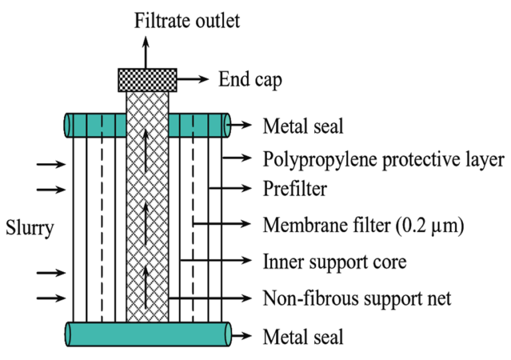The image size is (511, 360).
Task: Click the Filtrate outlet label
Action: [x=187, y=20]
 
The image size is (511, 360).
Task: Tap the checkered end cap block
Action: [x=147, y=80]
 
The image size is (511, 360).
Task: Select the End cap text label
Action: [x=250, y=81]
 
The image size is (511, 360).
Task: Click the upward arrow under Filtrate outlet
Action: [x=147, y=50]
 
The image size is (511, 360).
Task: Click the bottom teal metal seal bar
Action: [x=147, y=333]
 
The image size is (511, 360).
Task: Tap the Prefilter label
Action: [x=295, y=190]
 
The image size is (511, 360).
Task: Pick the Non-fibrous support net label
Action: [x=357, y=297]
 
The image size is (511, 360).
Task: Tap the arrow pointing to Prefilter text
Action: [x=233, y=190]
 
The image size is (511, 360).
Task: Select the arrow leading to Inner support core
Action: [x=216, y=260]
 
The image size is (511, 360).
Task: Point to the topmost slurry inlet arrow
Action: [x=52, y=162]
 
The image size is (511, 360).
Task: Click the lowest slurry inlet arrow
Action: [x=52, y=298]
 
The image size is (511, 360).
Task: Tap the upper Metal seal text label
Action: [x=303, y=125]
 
